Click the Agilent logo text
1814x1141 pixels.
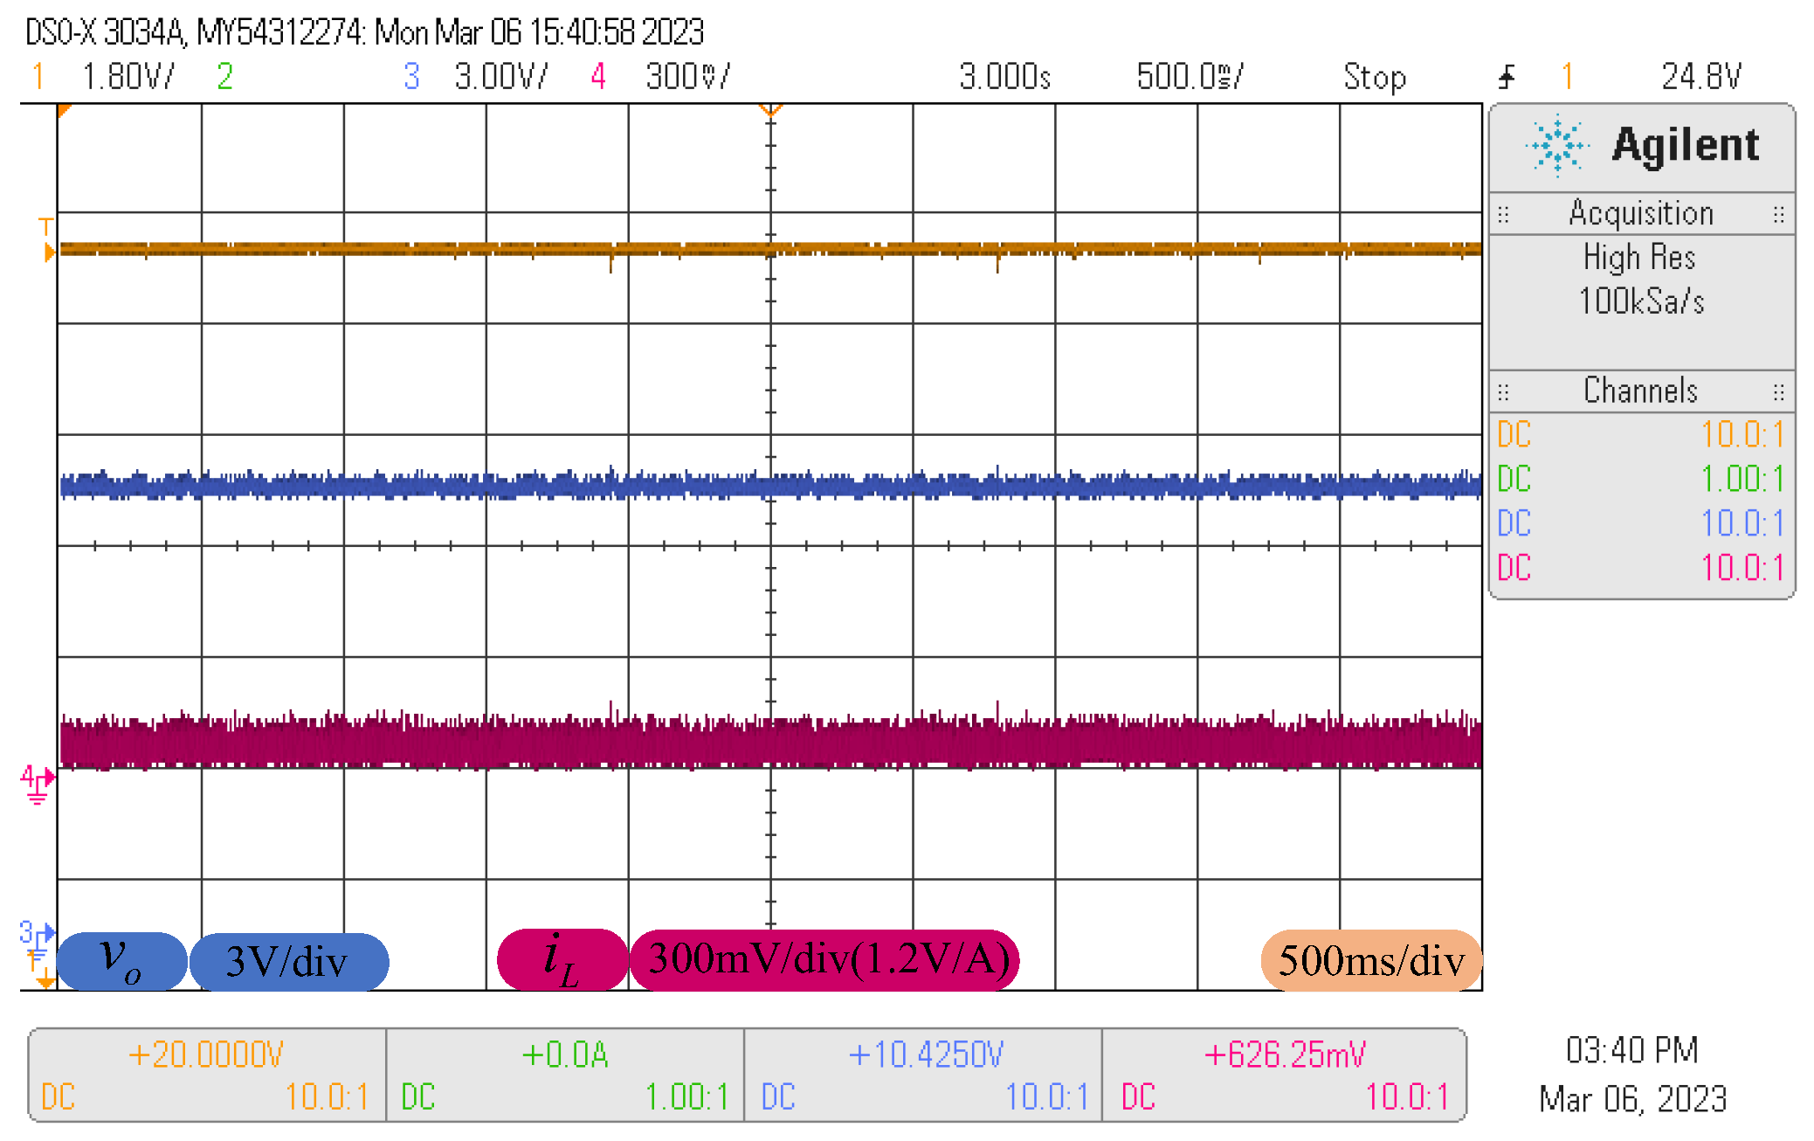1685,145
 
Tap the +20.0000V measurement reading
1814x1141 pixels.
205,1055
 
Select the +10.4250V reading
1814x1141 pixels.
926,1055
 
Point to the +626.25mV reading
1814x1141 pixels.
1284,1055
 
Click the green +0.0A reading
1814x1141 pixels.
565,1055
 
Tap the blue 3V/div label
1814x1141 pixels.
287,961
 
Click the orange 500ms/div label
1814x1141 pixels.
1371,960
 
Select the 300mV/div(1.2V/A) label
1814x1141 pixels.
828,958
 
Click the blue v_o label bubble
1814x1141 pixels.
121,959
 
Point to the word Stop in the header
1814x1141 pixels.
1375,77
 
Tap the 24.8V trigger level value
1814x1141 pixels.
1701,77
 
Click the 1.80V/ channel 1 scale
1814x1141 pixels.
128,77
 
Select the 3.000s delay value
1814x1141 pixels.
1004,77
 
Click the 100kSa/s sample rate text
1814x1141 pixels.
1641,301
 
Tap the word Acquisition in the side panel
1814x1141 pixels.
1641,213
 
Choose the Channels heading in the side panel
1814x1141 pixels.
1641,391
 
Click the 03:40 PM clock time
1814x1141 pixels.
1631,1050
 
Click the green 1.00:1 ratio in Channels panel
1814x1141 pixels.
1741,479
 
